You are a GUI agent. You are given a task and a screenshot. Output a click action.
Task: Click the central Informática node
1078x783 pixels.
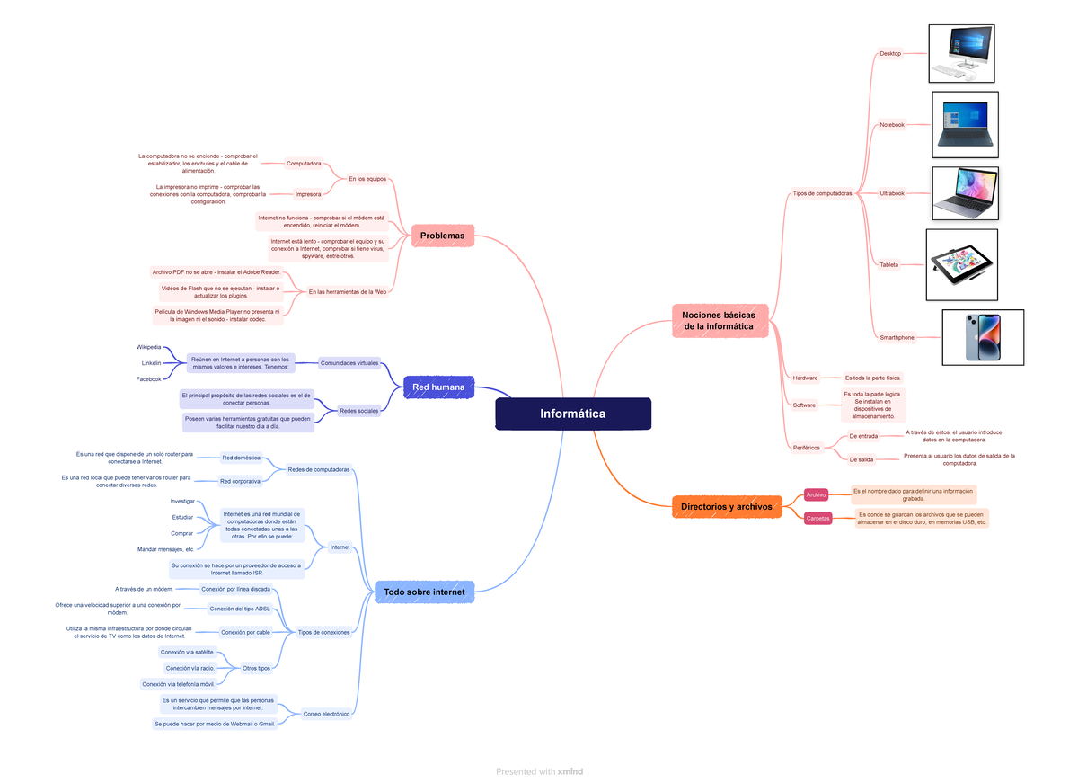pyautogui.click(x=572, y=414)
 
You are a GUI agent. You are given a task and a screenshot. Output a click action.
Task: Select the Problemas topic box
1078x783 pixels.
pyautogui.click(x=442, y=236)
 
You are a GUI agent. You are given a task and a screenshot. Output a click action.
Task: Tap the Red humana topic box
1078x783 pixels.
pyautogui.click(x=438, y=387)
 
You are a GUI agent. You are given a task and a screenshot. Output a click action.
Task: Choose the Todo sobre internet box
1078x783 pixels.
pyautogui.click(x=424, y=592)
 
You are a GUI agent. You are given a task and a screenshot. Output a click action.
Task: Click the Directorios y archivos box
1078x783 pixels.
pyautogui.click(x=726, y=507)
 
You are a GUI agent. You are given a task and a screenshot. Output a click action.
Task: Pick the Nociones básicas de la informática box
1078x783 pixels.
pyautogui.click(x=719, y=321)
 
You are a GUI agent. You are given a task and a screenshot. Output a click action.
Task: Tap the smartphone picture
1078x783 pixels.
pyautogui.click(x=982, y=337)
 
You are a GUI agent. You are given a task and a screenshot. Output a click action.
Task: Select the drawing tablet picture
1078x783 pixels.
pyautogui.click(x=961, y=264)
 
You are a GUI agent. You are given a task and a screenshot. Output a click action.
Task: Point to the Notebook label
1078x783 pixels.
pyautogui.click(x=891, y=125)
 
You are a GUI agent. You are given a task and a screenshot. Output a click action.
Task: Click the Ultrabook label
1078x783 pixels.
pyautogui.click(x=891, y=193)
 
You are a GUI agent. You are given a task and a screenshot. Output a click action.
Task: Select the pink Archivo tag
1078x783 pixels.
pyautogui.click(x=816, y=494)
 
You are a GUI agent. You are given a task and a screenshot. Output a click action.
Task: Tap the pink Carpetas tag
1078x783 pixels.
pyautogui.click(x=817, y=518)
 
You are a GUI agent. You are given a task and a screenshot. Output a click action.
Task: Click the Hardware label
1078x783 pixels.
pyautogui.click(x=805, y=378)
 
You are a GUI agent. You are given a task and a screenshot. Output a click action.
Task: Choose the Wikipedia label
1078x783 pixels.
pyautogui.click(x=149, y=347)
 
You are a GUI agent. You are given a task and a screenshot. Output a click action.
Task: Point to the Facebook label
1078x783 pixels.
pyautogui.click(x=149, y=379)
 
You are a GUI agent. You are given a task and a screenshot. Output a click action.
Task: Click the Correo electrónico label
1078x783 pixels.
pyautogui.click(x=326, y=714)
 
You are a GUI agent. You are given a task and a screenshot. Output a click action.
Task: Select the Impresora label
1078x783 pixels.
pyautogui.click(x=308, y=192)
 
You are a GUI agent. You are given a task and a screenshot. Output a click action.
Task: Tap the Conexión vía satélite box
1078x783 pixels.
pyautogui.click(x=187, y=652)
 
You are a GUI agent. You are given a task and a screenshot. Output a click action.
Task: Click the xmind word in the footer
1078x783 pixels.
pyautogui.click(x=570, y=771)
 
